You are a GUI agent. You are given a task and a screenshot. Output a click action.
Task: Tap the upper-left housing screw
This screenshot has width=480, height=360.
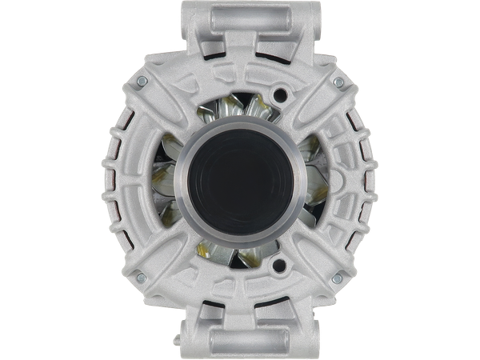point(142,82)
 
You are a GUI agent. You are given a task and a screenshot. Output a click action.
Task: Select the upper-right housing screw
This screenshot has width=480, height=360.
point(338,82)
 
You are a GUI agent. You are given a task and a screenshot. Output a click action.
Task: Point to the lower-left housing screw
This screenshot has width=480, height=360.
point(141,277)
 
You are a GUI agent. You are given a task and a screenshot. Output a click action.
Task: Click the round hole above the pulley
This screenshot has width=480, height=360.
point(279,96)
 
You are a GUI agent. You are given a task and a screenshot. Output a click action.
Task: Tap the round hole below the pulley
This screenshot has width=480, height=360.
point(279,263)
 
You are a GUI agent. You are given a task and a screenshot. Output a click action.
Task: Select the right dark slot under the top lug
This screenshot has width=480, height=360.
point(273,53)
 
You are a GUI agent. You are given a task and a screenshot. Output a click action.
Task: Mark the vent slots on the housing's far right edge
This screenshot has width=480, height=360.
point(370,180)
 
